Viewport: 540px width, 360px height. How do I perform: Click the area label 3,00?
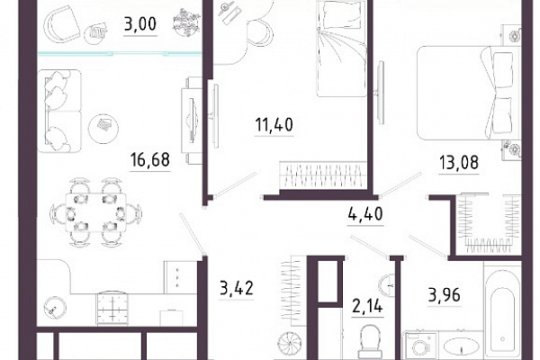[x=140, y=24]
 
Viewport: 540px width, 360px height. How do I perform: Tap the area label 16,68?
[x=150, y=160]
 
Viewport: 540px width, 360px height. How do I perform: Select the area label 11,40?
[x=274, y=125]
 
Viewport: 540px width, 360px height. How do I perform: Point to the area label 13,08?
[x=459, y=163]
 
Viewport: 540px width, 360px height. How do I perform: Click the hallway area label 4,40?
[x=365, y=214]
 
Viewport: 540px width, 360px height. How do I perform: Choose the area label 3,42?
[x=237, y=288]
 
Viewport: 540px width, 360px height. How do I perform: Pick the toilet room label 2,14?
[x=367, y=306]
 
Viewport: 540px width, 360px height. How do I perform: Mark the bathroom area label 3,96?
[x=445, y=295]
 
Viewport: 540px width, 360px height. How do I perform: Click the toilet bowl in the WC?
[x=370, y=341]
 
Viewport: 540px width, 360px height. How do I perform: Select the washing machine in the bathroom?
[x=419, y=346]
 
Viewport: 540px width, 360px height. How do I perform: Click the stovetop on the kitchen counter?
[x=112, y=308]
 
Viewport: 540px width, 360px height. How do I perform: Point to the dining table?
[x=96, y=211]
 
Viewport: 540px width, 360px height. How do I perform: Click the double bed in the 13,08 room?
[x=468, y=93]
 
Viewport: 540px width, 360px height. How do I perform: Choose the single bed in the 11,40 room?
[x=341, y=49]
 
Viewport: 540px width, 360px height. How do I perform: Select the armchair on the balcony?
[x=64, y=24]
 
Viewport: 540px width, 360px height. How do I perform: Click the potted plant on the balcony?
[x=186, y=22]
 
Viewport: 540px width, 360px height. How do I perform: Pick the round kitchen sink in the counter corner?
[x=54, y=307]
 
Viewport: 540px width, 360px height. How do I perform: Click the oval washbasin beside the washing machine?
[x=461, y=346]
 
